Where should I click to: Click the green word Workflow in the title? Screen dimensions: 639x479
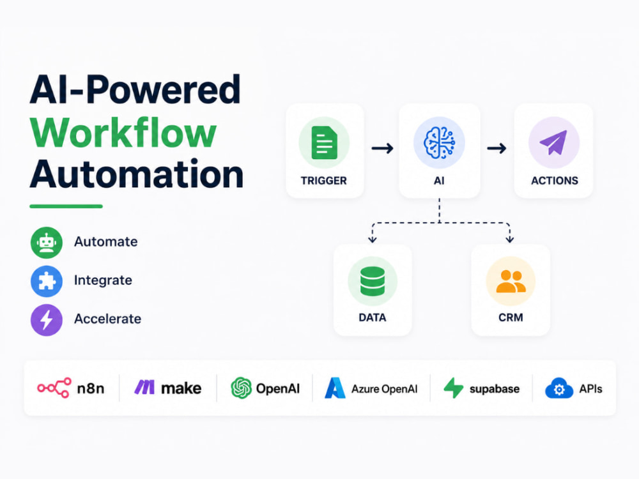coord(123,133)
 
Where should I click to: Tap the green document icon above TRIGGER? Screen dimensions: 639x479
coord(324,142)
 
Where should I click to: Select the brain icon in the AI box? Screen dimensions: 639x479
coord(439,142)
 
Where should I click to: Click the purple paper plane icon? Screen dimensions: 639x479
coord(553,142)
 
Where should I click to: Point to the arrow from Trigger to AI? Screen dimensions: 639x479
coord(382,148)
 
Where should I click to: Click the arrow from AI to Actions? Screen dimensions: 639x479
coord(497,148)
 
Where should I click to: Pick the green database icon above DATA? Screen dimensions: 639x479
coord(373,281)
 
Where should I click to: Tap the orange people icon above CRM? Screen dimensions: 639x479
coord(511,281)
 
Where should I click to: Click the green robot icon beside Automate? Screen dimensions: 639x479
coord(47,243)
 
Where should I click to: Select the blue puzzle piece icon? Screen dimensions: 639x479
coord(47,281)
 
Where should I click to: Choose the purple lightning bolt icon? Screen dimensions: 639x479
coord(47,320)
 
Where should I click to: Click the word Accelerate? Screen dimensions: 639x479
coord(107,319)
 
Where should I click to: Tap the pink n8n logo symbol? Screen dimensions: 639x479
coord(54,388)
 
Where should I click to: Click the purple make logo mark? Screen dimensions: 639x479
coord(144,387)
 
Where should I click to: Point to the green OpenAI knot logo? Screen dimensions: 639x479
coord(242,388)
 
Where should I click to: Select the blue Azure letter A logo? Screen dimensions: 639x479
coord(335,388)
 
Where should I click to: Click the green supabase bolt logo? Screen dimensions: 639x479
coord(454,388)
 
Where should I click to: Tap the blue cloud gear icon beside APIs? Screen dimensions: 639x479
coord(559,388)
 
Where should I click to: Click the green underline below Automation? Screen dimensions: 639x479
coord(66,206)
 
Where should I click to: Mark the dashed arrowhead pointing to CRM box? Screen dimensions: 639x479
coord(509,239)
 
